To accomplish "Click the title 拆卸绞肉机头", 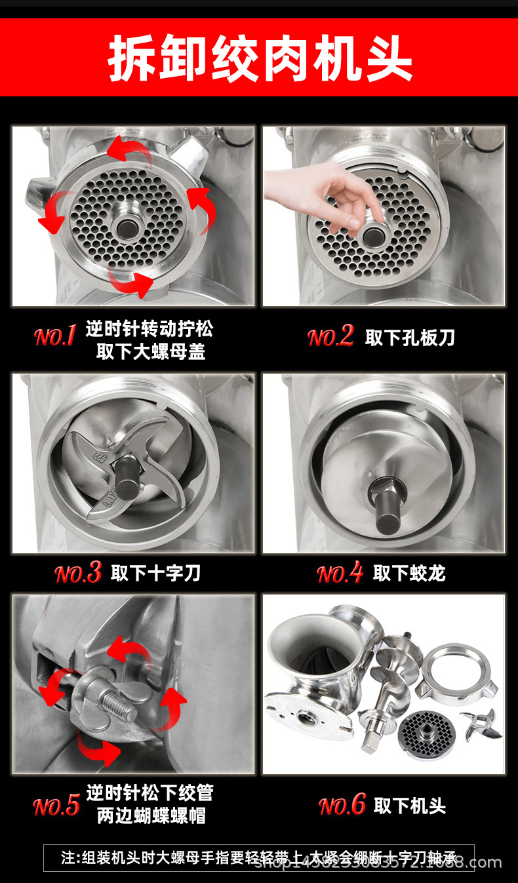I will point(260,58).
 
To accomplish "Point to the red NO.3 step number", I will point(78,574).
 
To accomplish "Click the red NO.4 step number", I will point(340,574).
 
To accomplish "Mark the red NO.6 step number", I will point(342,806).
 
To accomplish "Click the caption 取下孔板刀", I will point(410,338).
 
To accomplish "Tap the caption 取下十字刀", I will point(155,574).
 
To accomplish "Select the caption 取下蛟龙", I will point(409,574).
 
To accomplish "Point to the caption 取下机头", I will point(410,806).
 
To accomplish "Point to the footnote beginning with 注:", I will point(258,857).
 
